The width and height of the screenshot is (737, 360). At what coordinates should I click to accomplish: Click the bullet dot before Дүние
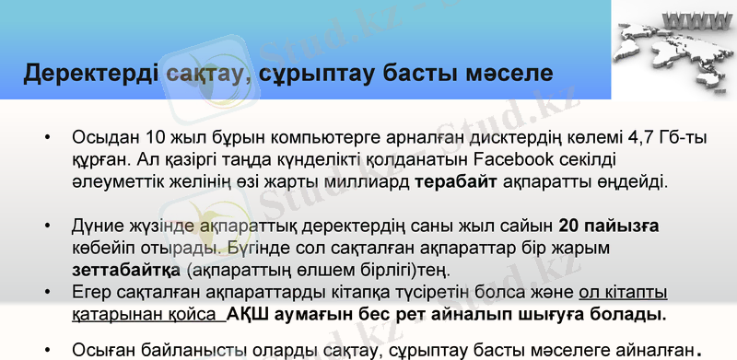tap(47, 226)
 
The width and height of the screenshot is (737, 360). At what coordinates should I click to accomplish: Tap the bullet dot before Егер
tap(47, 293)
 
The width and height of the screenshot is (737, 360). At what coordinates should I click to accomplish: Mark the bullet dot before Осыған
tap(47, 351)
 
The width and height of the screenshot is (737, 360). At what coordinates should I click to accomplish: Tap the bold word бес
tap(414, 315)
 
